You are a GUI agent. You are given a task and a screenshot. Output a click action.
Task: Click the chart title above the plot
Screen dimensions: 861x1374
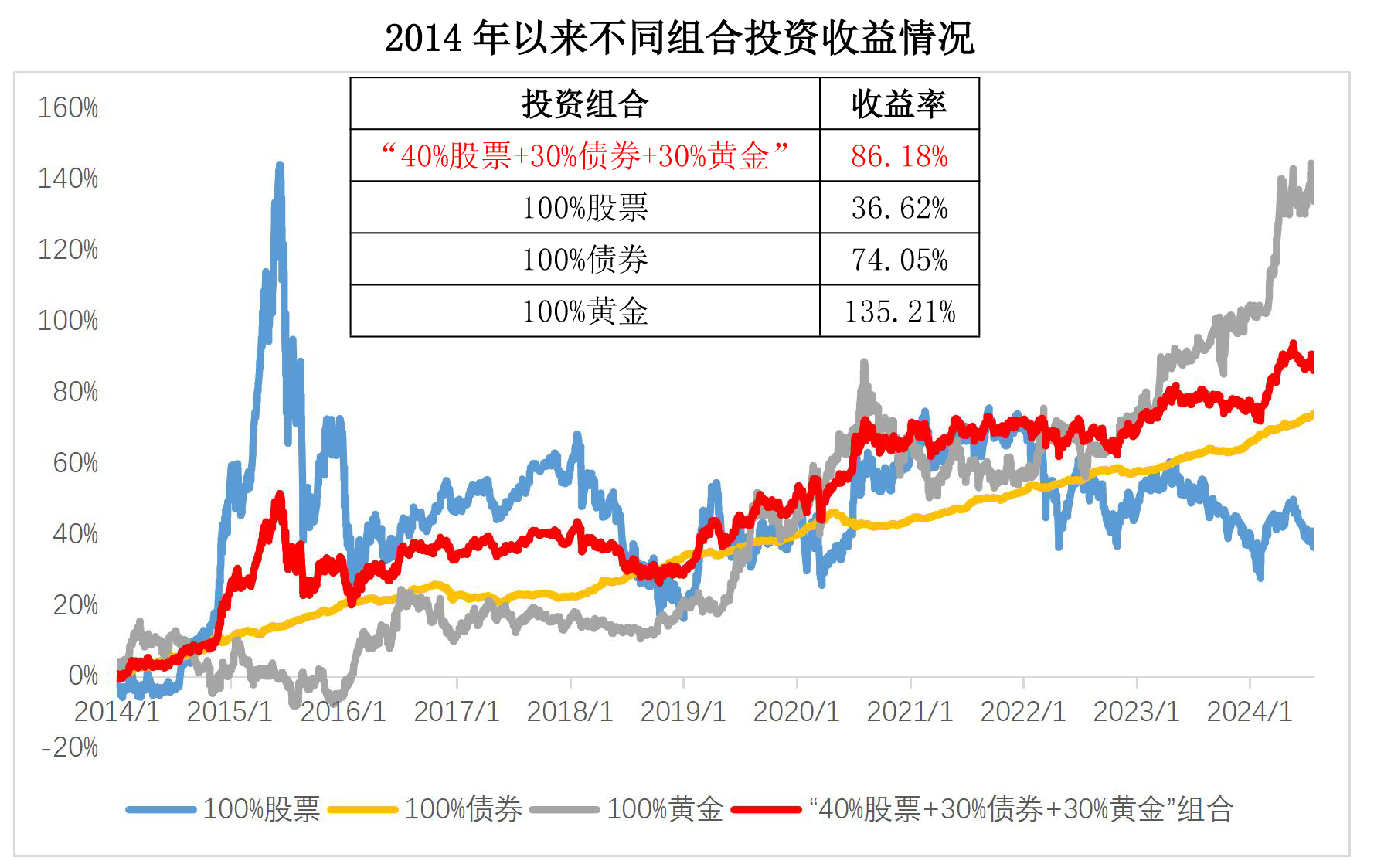click(x=679, y=37)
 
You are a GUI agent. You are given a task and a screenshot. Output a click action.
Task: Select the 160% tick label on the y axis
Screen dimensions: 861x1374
click(x=68, y=108)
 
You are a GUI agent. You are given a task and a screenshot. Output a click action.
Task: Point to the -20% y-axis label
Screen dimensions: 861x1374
click(x=70, y=747)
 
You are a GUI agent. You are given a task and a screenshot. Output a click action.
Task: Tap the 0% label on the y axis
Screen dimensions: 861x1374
click(x=83, y=676)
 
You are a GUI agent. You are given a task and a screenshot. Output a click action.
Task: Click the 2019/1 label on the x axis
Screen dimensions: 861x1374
click(x=683, y=711)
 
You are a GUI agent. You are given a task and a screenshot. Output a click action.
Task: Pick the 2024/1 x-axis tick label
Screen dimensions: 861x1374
click(x=1250, y=711)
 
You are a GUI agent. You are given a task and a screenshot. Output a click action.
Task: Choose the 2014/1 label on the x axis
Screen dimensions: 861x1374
click(x=117, y=711)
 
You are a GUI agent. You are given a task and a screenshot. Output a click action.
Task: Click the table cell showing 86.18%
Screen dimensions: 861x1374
click(x=899, y=156)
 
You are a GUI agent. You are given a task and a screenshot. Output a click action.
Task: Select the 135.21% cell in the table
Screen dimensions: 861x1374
click(x=899, y=311)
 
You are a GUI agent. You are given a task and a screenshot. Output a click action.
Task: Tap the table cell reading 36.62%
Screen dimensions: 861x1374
click(x=899, y=208)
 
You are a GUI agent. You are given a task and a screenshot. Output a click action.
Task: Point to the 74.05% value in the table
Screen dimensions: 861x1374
click(x=899, y=260)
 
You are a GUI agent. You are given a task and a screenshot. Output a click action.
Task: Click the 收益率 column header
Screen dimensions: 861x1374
click(x=899, y=104)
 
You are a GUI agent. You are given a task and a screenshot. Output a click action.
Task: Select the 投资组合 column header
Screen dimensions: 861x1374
click(x=585, y=104)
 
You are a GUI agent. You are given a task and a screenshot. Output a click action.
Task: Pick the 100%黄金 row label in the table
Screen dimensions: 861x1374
click(x=585, y=311)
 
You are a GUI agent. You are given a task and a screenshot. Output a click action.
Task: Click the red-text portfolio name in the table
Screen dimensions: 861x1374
click(x=585, y=156)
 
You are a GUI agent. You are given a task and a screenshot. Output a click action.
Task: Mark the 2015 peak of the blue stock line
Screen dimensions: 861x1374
click(x=279, y=165)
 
